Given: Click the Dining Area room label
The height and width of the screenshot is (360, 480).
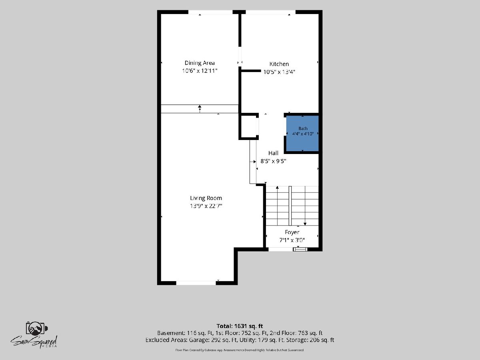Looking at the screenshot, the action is pos(200,63).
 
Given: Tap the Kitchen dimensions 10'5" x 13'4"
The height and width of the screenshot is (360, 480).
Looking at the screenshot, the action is pos(279,72).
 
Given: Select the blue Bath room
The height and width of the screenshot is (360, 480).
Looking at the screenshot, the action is pos(302,133).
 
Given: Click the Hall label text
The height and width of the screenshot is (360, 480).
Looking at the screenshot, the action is pos(273,153).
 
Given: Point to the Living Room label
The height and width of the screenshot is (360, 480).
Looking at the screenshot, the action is pos(206,198).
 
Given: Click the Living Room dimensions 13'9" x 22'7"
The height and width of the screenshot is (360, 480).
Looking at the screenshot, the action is pos(206,206).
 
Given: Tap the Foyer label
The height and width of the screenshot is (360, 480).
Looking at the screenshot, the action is pos(292,232).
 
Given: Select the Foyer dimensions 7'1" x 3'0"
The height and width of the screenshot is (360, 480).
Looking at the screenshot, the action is pos(292,240).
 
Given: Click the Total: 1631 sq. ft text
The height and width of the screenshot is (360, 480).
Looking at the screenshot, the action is pos(240,326).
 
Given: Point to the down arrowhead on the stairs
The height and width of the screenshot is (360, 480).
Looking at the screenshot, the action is pos(305,224).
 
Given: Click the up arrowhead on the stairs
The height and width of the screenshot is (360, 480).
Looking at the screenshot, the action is pos(277,188).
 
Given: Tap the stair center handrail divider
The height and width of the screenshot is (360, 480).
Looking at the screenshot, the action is pos(290,206).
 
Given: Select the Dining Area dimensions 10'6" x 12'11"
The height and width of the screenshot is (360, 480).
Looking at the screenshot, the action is pos(200,71).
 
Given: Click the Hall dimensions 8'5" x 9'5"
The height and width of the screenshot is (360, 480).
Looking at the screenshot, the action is pos(273,161).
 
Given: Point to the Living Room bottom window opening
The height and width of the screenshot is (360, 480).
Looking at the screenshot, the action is pos(196,283).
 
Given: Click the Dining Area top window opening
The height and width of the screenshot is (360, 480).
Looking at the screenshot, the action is pos(210,12).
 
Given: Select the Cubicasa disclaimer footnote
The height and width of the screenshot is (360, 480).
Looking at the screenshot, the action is pos(240,350).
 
